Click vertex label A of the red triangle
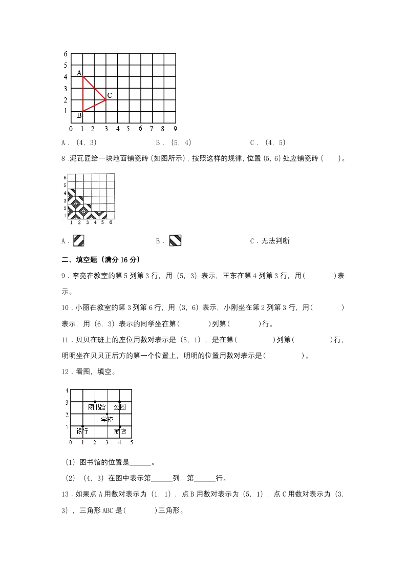pyautogui.click(x=79, y=73)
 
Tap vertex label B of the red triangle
pyautogui.click(x=79, y=115)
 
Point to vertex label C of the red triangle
pyautogui.click(x=110, y=95)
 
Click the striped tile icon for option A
pyautogui.click(x=78, y=240)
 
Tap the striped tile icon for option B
pyautogui.click(x=175, y=240)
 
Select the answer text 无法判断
pyautogui.click(x=276, y=241)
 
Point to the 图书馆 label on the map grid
pyautogui.click(x=96, y=407)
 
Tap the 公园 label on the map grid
pyautogui.click(x=119, y=407)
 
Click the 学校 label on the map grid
pyautogui.click(x=107, y=419)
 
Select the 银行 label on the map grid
pyautogui.click(x=82, y=431)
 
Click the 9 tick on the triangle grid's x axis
pyautogui.click(x=175, y=128)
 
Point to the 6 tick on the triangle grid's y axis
pyautogui.click(x=66, y=54)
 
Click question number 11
pyautogui.click(x=65, y=339)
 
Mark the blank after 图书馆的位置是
pyautogui.click(x=141, y=462)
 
